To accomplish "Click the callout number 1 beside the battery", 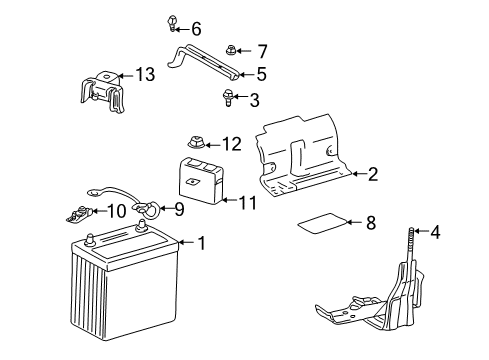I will point(202,242).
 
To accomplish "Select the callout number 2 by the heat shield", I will point(372,175).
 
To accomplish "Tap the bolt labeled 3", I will point(227,97).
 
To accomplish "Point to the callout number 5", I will point(261,73).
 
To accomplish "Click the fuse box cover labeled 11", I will point(200,179).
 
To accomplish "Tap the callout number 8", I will point(369,223).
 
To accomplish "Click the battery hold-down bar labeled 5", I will point(210,62).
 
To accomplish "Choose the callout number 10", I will point(116,210).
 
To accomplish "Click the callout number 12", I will point(232,143).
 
